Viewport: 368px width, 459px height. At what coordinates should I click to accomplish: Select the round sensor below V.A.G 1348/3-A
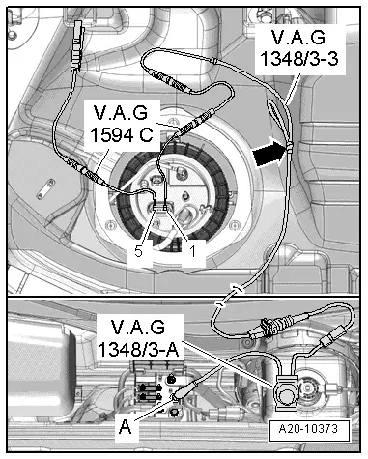point(288,391)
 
